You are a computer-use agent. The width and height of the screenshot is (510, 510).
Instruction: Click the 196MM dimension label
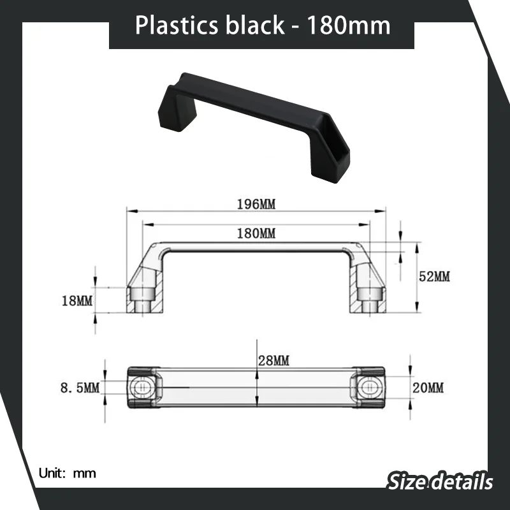[257, 204]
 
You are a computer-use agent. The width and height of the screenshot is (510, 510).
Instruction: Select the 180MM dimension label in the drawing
[257, 233]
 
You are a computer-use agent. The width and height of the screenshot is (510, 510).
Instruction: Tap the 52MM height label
[433, 276]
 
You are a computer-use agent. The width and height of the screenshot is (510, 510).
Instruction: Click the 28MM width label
[273, 361]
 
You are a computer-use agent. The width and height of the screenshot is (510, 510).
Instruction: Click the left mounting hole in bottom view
[142, 387]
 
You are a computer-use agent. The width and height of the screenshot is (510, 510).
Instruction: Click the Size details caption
[441, 481]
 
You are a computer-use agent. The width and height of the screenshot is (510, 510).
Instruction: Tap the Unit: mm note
[66, 473]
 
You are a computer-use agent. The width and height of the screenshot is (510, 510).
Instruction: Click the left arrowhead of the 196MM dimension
[128, 211]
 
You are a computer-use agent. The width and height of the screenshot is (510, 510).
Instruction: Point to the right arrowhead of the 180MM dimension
[369, 224]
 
